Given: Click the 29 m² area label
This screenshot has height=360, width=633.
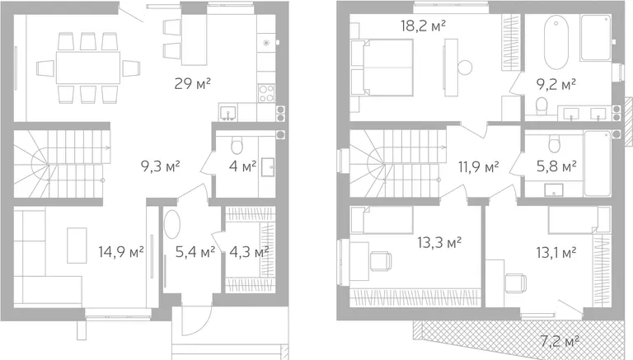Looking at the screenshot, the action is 193,84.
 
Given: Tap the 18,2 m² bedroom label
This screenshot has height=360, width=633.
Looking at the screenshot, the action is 423,26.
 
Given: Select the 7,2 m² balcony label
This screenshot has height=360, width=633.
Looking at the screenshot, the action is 560,342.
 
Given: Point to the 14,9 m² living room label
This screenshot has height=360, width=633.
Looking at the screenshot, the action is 121,252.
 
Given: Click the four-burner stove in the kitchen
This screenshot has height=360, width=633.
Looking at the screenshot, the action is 265,93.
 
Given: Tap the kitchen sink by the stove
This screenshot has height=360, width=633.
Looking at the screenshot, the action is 228,112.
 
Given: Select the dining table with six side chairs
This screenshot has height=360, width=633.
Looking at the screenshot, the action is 88,68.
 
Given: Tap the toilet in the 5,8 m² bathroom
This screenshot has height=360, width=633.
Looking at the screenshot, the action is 554,143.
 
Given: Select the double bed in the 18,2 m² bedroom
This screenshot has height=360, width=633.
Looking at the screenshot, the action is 382,68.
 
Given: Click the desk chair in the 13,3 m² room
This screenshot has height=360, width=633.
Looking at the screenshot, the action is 381,260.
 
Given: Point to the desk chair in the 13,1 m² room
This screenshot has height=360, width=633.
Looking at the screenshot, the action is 516,283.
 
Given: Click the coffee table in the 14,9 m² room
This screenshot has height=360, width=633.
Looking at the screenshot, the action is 77,245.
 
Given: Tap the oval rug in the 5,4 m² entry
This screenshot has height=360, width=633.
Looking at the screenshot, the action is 173,225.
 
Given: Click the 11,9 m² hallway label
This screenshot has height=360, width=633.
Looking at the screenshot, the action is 478,166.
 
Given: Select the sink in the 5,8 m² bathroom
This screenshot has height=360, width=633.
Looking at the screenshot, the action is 554,190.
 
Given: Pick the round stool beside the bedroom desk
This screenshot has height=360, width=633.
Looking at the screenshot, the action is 464,67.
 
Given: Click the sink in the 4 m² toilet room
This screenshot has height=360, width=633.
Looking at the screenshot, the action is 268,167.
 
